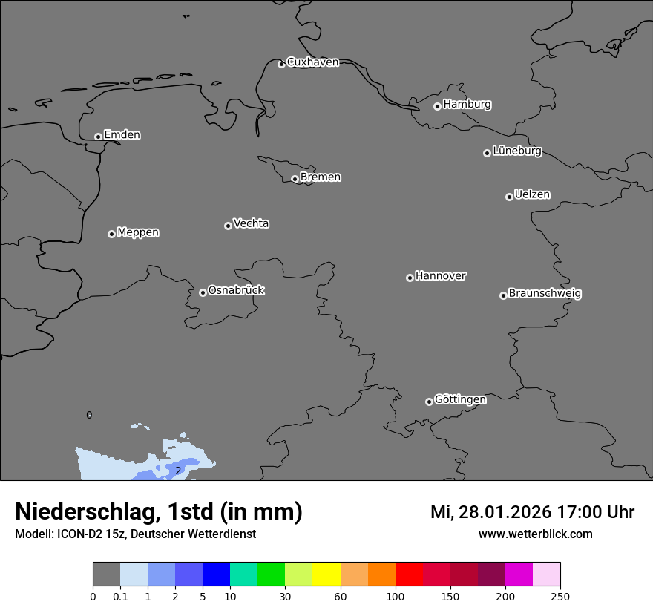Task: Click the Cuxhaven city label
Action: tap(312, 62)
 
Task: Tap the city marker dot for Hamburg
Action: tap(437, 106)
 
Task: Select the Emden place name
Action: tap(122, 135)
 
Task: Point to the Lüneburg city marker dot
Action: tap(487, 153)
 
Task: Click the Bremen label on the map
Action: tap(321, 177)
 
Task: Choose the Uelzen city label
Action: tap(532, 195)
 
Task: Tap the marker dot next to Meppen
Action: tap(111, 234)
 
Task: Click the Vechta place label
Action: tap(251, 223)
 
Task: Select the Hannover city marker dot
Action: tap(410, 278)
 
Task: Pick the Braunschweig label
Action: tap(545, 294)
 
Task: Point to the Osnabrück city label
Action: tap(236, 290)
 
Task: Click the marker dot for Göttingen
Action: tap(429, 402)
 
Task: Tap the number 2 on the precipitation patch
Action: tap(178, 471)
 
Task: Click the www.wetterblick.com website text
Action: tap(535, 534)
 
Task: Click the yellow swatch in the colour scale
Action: tap(326, 575)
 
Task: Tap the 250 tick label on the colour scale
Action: tap(560, 596)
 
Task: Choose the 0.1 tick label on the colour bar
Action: tap(120, 596)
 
